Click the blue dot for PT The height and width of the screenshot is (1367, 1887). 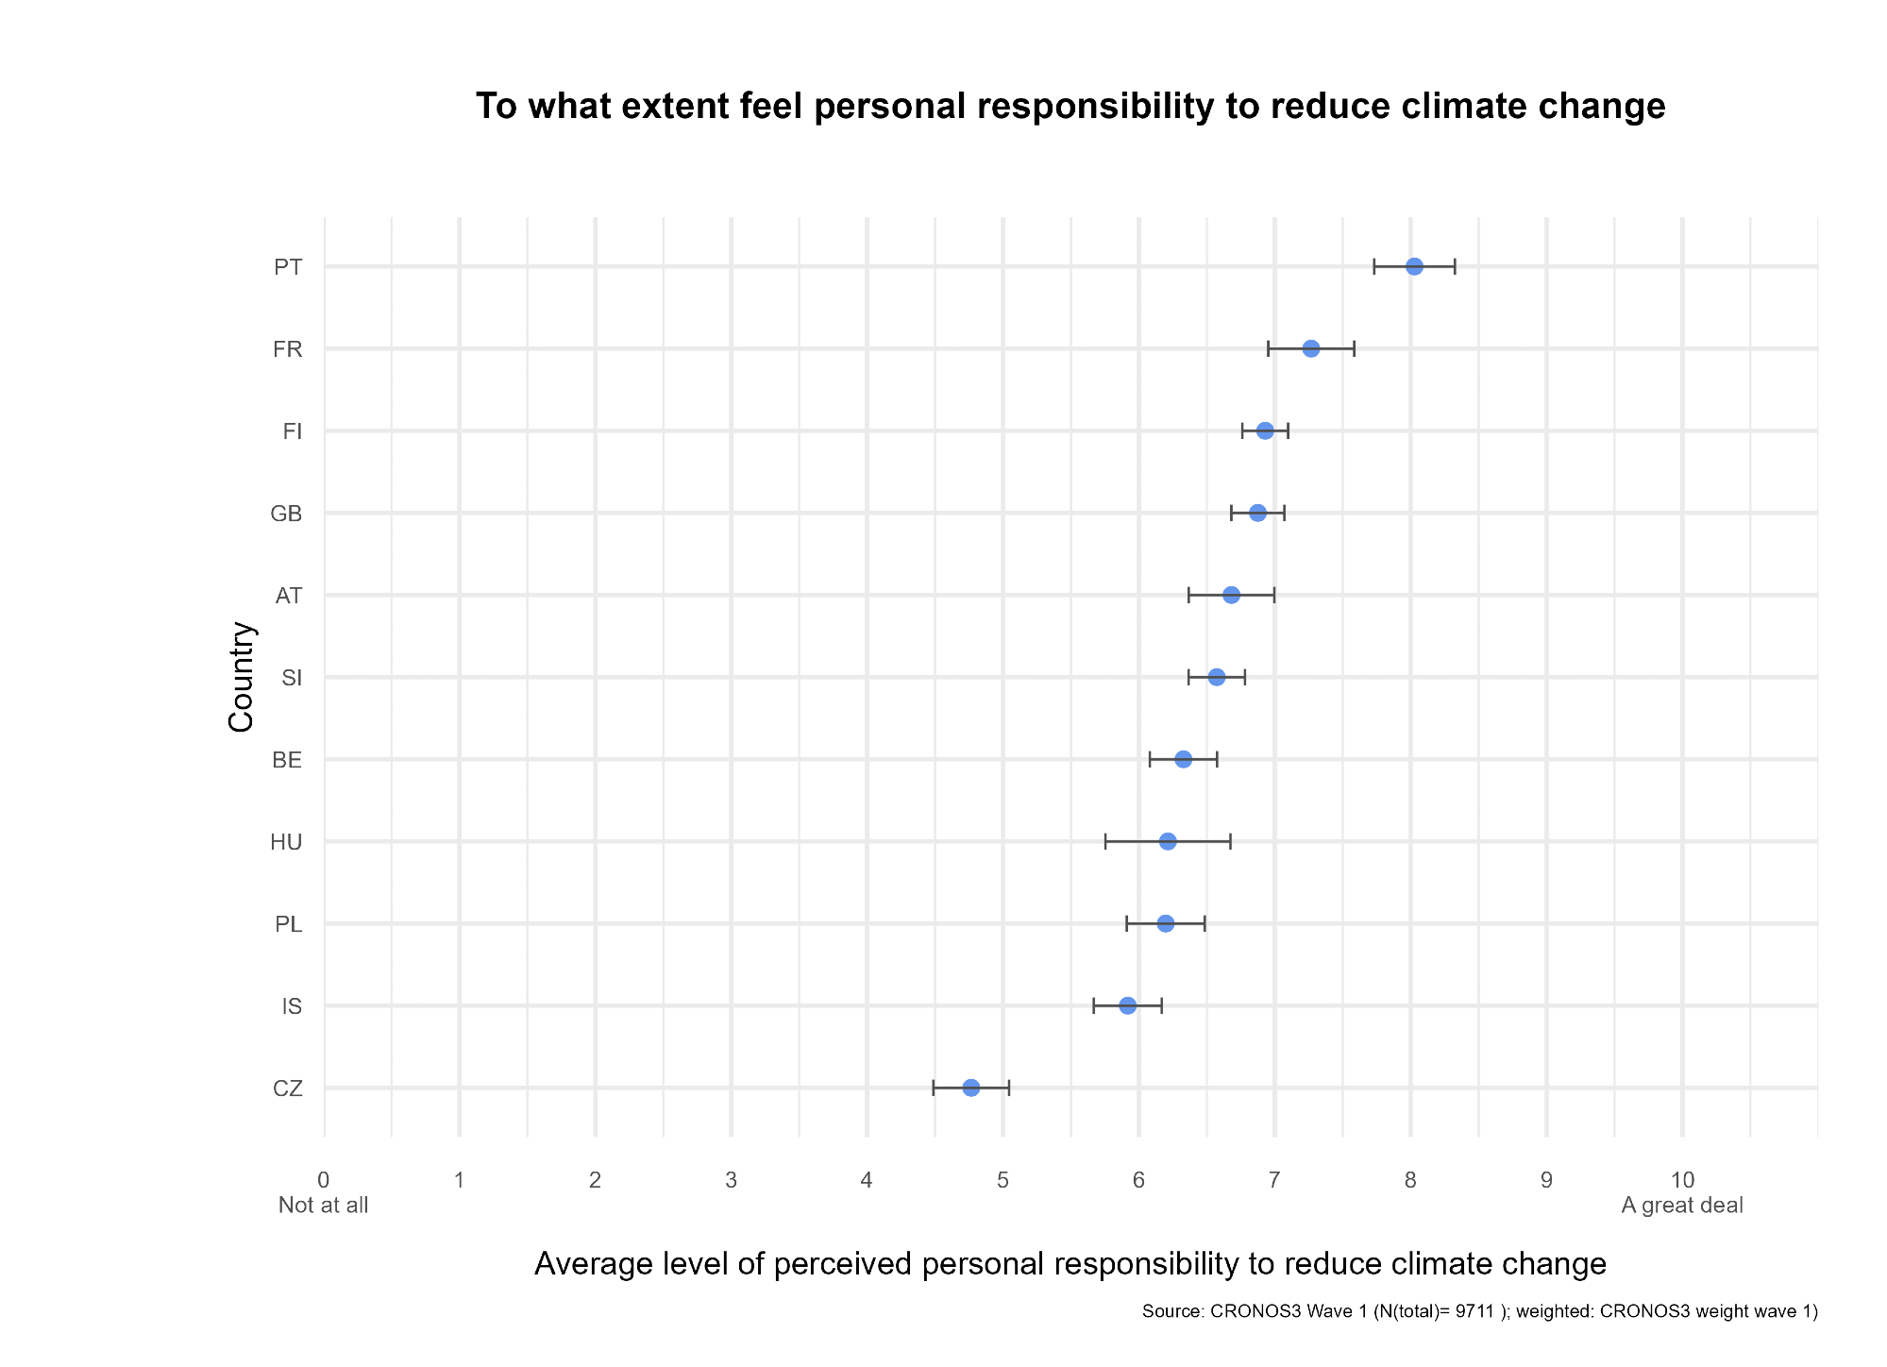click(1413, 266)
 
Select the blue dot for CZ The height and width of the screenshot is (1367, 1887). click(970, 1088)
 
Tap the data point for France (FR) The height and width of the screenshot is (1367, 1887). click(1310, 348)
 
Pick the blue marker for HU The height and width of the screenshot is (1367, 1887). click(1168, 841)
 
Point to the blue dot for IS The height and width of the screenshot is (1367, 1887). click(1127, 1005)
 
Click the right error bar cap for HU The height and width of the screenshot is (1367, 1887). click(1230, 841)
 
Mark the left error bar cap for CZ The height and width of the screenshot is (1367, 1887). click(933, 1088)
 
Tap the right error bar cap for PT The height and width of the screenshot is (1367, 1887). click(1455, 266)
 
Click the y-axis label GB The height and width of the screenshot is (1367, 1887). click(286, 514)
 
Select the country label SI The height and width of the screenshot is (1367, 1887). click(292, 678)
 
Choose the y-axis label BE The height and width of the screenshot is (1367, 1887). click(287, 760)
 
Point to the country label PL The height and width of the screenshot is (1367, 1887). click(288, 924)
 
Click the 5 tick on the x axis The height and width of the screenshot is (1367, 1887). click(1002, 1179)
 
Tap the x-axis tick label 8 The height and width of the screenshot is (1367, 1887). click(1410, 1179)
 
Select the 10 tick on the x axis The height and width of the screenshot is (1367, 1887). click(1682, 1179)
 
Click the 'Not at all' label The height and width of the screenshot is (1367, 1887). click(323, 1206)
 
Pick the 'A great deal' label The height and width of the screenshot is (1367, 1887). click(1682, 1206)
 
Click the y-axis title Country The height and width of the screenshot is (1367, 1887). click(242, 676)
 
